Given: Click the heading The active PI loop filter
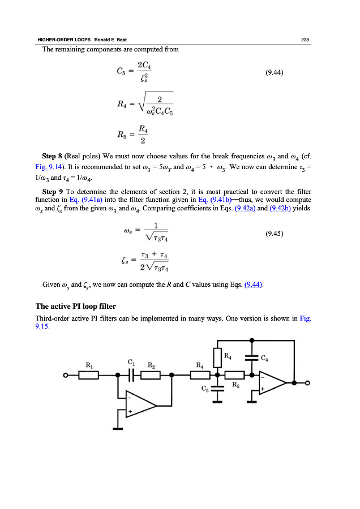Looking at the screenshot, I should [76, 306].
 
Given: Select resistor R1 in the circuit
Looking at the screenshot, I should [89, 374].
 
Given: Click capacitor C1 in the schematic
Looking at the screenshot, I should [131, 374].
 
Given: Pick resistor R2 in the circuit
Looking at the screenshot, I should [151, 374].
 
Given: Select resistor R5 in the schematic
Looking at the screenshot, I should [234, 374].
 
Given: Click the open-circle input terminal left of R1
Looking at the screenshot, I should [66, 374].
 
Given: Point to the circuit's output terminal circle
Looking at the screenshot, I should [308, 383].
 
